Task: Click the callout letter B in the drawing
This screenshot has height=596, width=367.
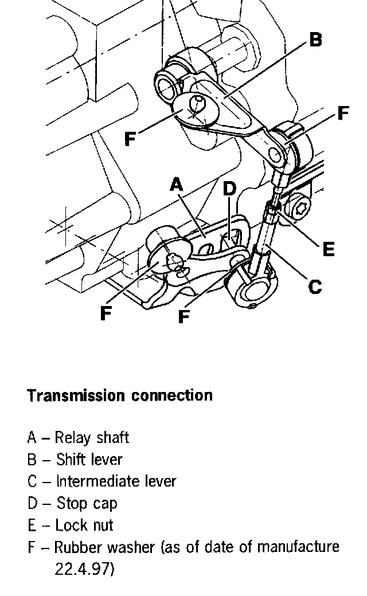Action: pos(315,40)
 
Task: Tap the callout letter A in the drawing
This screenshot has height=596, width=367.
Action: pos(177,185)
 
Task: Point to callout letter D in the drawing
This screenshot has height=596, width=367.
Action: pos(229,189)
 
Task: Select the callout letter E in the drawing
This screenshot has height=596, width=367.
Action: pos(328,249)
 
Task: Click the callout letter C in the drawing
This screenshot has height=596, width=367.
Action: pos(315,286)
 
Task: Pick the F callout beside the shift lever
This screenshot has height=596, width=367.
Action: pos(131,139)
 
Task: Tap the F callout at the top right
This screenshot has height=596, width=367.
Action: pos(343,113)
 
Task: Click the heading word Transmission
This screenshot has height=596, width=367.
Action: pos(76,396)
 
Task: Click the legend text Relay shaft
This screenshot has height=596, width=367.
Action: pos(92,438)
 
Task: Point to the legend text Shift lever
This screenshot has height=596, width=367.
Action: pos(89,460)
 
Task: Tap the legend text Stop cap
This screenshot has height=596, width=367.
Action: pos(87,504)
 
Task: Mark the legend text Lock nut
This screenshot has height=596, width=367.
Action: pos(84,526)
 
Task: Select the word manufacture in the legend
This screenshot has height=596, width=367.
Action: pos(298,547)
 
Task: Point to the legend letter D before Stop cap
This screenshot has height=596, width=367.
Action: pos(32,504)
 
